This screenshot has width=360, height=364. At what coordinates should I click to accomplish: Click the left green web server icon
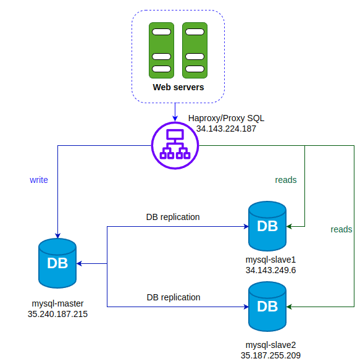[161, 51]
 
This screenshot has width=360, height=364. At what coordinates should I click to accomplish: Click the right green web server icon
[195, 51]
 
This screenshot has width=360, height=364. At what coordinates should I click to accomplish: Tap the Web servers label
[178, 87]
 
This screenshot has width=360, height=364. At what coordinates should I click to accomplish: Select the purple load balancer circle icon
[175, 146]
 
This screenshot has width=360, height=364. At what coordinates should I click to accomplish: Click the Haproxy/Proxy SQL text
[226, 119]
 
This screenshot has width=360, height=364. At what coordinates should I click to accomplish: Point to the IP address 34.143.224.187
[226, 129]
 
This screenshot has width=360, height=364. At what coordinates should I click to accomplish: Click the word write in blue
[39, 180]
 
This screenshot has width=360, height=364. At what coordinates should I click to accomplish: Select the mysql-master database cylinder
[57, 263]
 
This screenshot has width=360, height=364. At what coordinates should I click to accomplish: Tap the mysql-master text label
[57, 303]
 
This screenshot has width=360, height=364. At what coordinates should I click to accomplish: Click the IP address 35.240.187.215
[57, 314]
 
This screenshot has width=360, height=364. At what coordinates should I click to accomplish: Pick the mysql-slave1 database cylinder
[267, 226]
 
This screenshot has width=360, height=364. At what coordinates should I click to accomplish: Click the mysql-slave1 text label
[270, 260]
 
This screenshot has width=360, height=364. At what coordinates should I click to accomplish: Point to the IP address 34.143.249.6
[270, 270]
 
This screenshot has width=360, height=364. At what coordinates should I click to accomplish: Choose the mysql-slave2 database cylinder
[267, 307]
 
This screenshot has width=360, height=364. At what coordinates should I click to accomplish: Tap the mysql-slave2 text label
[270, 345]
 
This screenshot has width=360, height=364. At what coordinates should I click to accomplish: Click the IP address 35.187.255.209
[270, 355]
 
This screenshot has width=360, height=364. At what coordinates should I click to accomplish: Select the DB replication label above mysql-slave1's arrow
[173, 217]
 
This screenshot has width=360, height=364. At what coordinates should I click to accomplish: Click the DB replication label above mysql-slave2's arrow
[174, 297]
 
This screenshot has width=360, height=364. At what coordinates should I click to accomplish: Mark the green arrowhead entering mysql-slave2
[289, 307]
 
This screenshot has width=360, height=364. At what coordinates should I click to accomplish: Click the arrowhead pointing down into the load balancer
[175, 119]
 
